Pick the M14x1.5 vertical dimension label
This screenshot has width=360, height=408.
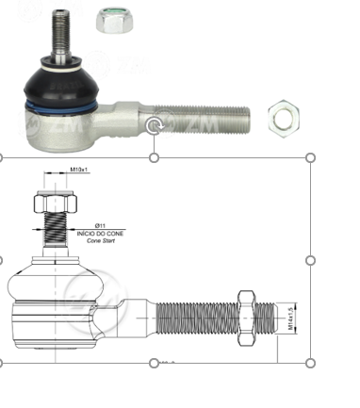[x=289, y=315]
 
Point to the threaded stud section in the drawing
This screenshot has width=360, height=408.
[x=57, y=230]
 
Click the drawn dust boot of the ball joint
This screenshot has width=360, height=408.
[x=57, y=283]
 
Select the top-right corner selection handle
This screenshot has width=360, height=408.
[x=311, y=157]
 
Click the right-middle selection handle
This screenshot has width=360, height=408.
[x=311, y=259]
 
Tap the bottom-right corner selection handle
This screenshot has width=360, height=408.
[x=311, y=362]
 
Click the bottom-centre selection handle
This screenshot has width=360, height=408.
[x=155, y=362]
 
